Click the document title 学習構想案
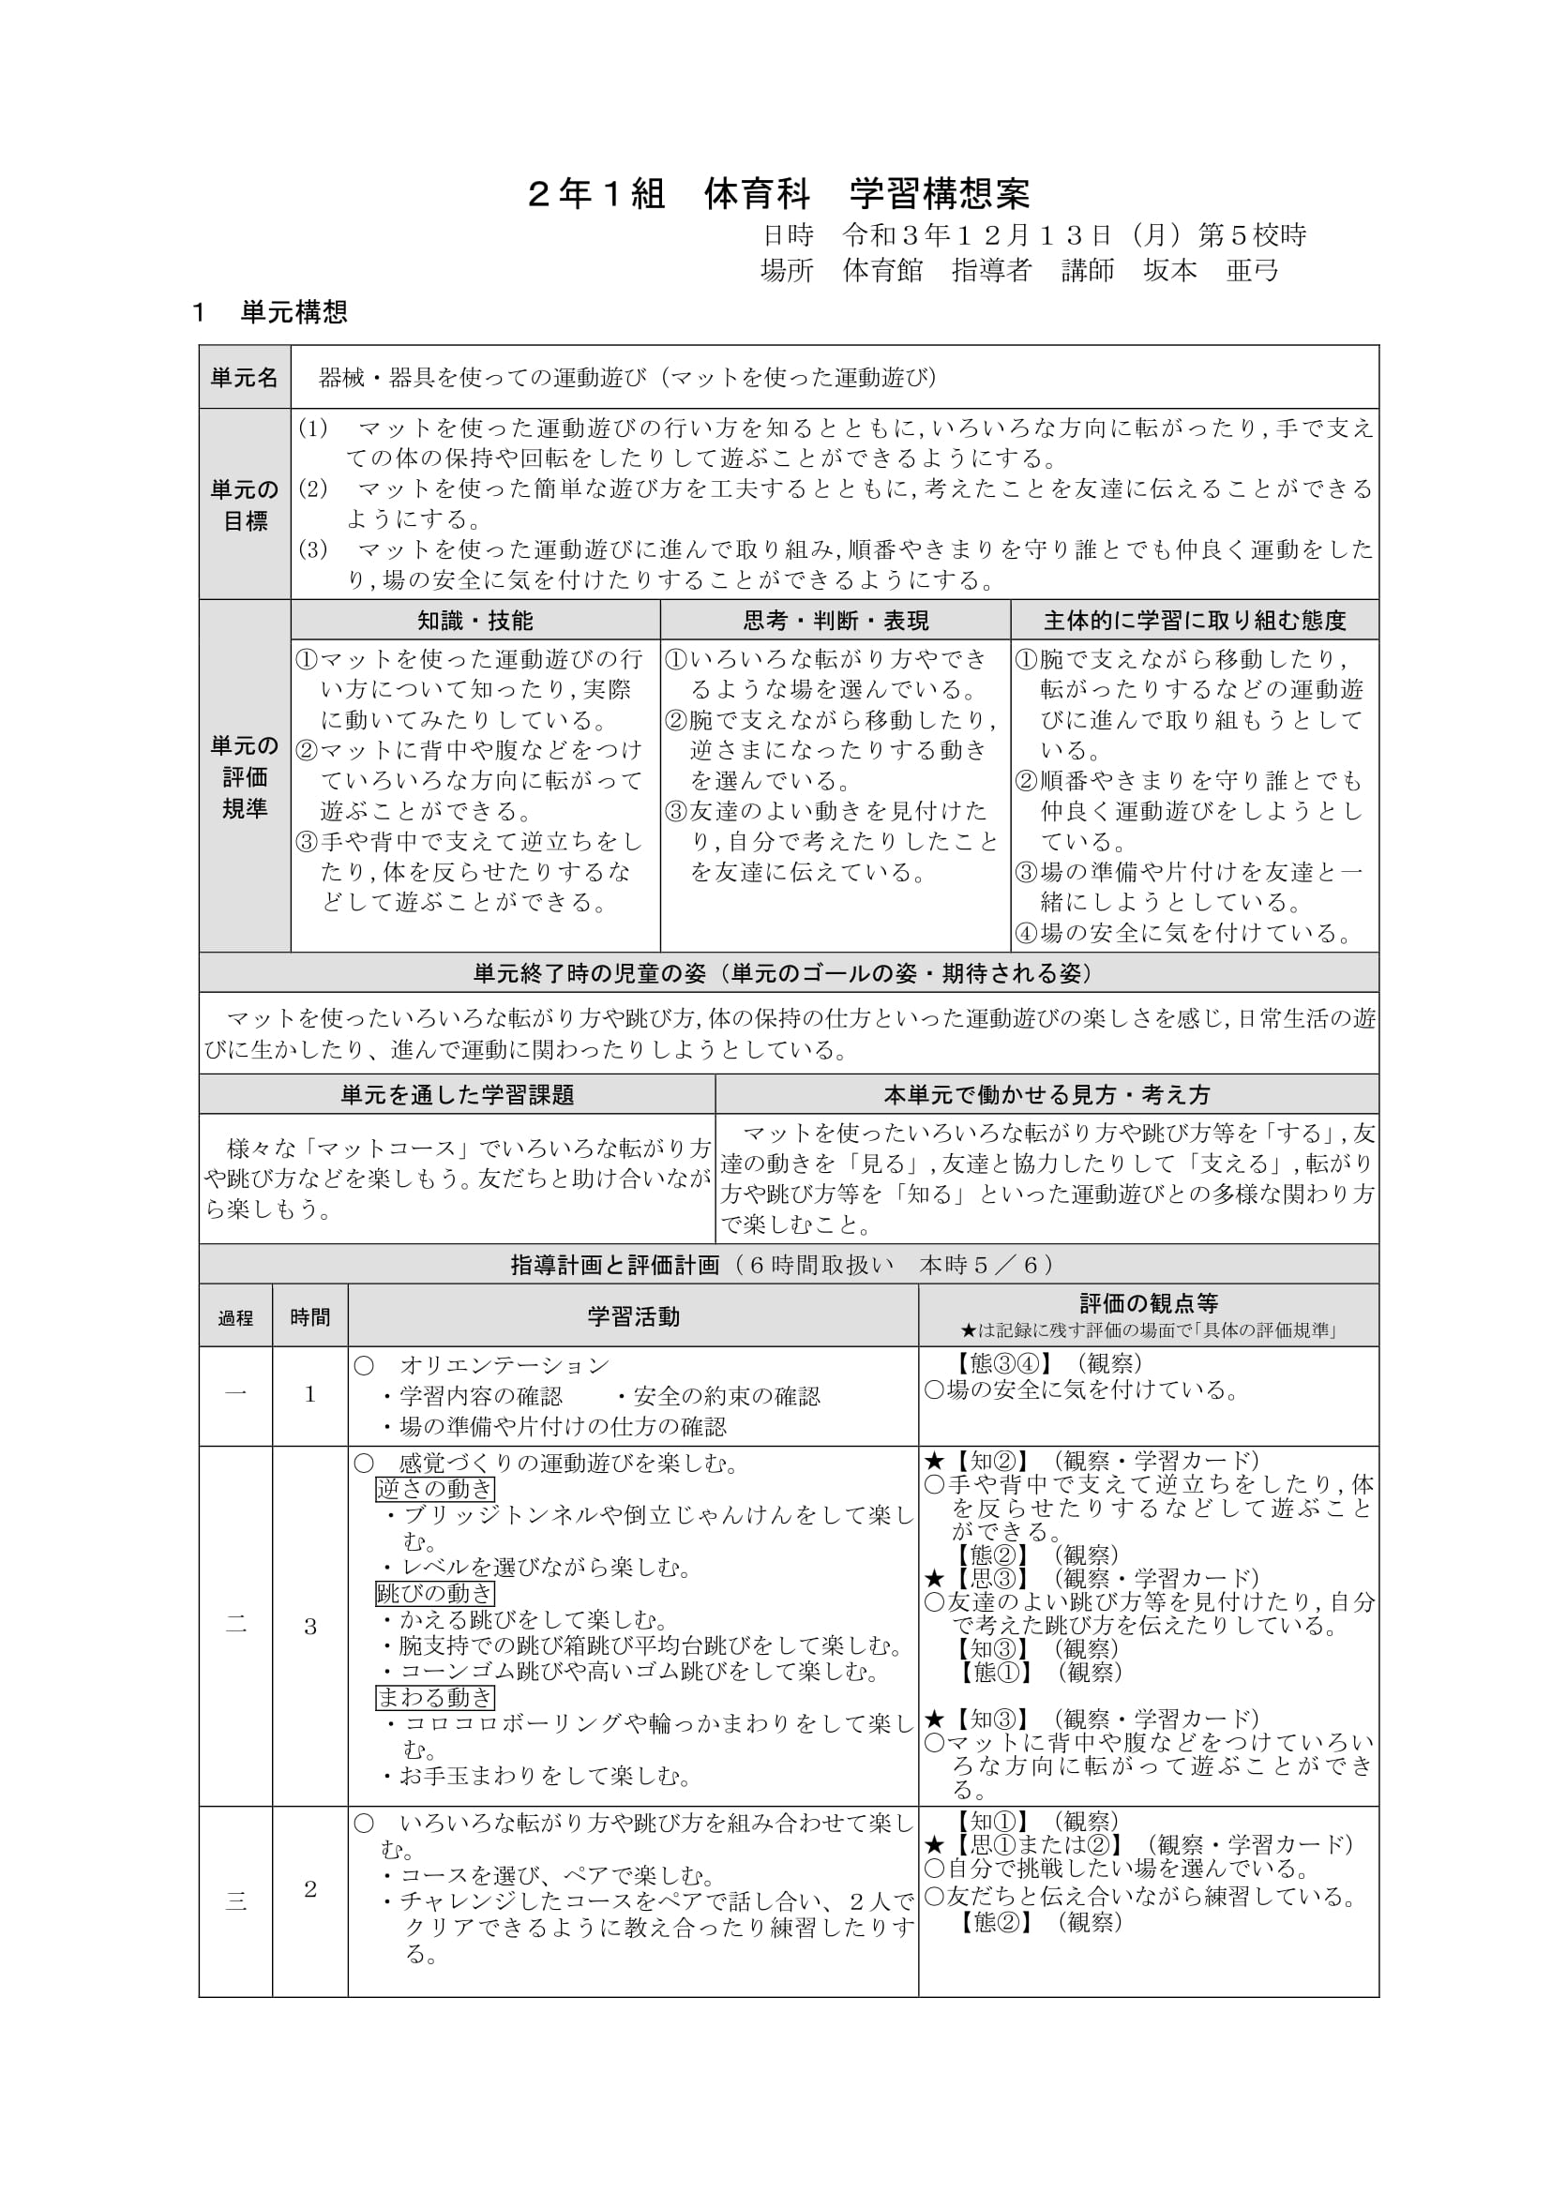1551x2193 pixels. click(x=940, y=194)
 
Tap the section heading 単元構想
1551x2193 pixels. click(x=294, y=312)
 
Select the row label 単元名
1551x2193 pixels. click(x=245, y=377)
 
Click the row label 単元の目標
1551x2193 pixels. click(x=245, y=504)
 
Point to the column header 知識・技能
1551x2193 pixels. click(x=474, y=621)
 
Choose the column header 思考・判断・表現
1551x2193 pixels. click(x=836, y=621)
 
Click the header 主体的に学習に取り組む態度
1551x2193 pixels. click(x=1194, y=621)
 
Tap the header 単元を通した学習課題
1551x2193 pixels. click(x=457, y=1094)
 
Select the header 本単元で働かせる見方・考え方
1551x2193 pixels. click(x=1047, y=1094)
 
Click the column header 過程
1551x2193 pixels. click(x=236, y=1318)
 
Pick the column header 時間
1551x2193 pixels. click(x=310, y=1317)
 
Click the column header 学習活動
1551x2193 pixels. click(x=633, y=1317)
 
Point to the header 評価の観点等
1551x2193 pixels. click(x=1148, y=1304)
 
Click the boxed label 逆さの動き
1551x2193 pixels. click(x=434, y=1488)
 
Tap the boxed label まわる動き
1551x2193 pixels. click(x=434, y=1697)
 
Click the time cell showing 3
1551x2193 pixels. click(x=310, y=1628)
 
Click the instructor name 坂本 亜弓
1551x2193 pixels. click(x=1211, y=271)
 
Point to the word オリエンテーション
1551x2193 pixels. click(x=504, y=1366)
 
